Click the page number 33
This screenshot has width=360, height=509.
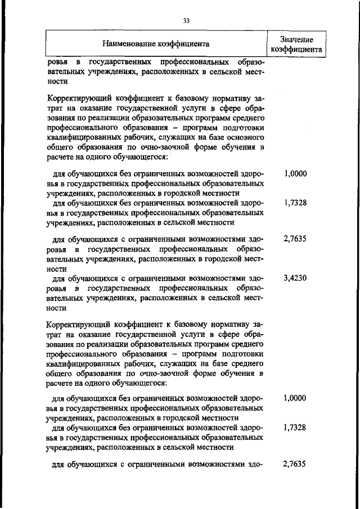pyautogui.click(x=186, y=21)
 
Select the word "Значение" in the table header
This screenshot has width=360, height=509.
pyautogui.click(x=296, y=39)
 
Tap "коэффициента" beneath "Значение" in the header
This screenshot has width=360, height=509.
pyautogui.click(x=296, y=49)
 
